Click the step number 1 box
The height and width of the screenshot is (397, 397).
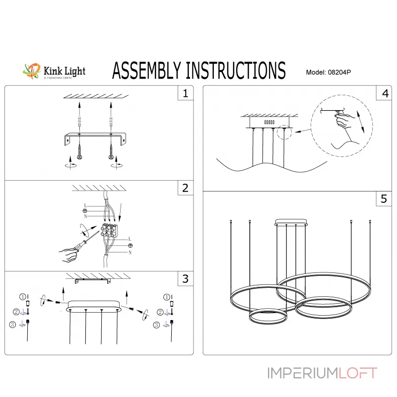pos(185,93)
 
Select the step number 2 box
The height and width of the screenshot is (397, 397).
pos(185,188)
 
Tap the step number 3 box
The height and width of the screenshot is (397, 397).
pos(185,279)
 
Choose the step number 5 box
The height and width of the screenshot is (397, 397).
pos(384,199)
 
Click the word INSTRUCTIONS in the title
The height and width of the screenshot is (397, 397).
pos(236,70)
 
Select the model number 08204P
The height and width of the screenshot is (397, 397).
pos(339,72)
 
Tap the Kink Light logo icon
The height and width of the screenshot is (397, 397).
pos(32,70)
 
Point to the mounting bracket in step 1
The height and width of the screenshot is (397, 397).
pos(94,137)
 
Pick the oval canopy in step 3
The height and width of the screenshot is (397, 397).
pos(94,304)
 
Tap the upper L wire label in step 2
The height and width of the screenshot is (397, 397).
pos(85,205)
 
